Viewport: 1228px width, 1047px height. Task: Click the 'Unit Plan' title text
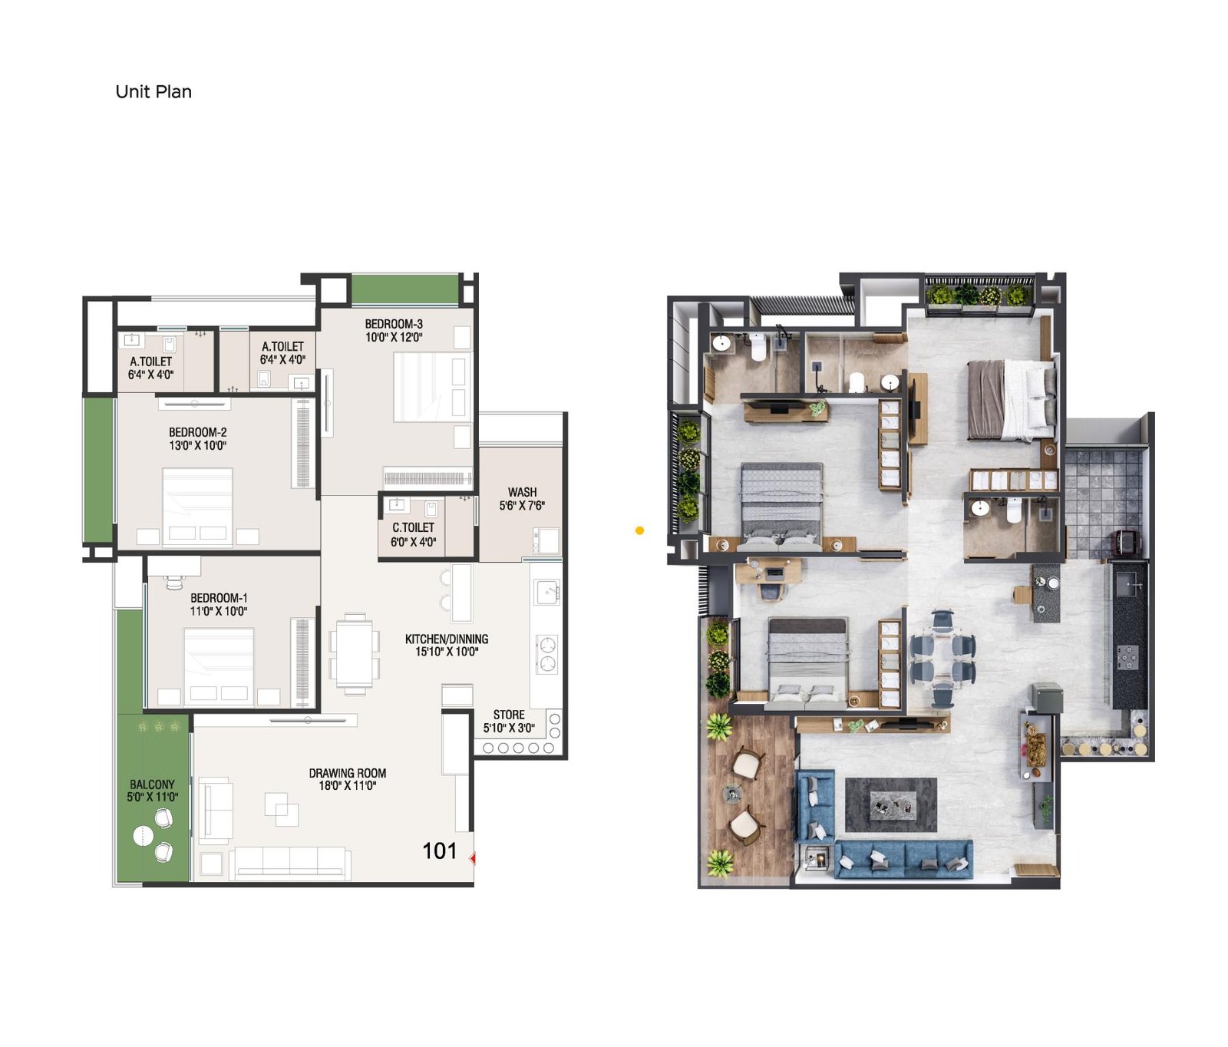(x=153, y=91)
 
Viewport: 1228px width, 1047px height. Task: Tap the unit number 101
(x=439, y=850)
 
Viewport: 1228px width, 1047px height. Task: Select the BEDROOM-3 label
(x=394, y=324)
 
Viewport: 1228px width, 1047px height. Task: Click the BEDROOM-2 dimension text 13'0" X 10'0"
(x=198, y=445)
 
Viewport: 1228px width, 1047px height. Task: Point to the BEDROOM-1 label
(x=219, y=598)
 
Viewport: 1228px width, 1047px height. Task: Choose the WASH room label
(x=522, y=492)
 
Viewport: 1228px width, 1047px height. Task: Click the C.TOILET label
(x=413, y=527)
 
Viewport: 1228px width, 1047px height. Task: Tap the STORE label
(x=509, y=714)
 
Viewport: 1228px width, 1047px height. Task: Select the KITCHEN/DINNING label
(x=447, y=639)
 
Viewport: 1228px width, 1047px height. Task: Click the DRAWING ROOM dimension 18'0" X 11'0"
(x=348, y=786)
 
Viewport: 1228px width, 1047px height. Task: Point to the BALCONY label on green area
(x=152, y=784)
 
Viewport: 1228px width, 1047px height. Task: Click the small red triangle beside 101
(x=473, y=857)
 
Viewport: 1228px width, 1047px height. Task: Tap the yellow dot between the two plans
(x=639, y=530)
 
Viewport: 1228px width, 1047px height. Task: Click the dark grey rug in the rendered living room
(x=890, y=804)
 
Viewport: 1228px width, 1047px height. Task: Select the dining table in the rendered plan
(x=942, y=658)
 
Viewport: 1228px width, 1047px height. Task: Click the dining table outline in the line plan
(x=354, y=654)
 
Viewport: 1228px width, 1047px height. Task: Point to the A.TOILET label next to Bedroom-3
(x=282, y=346)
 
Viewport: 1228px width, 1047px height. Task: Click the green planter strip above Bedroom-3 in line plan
(x=405, y=289)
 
